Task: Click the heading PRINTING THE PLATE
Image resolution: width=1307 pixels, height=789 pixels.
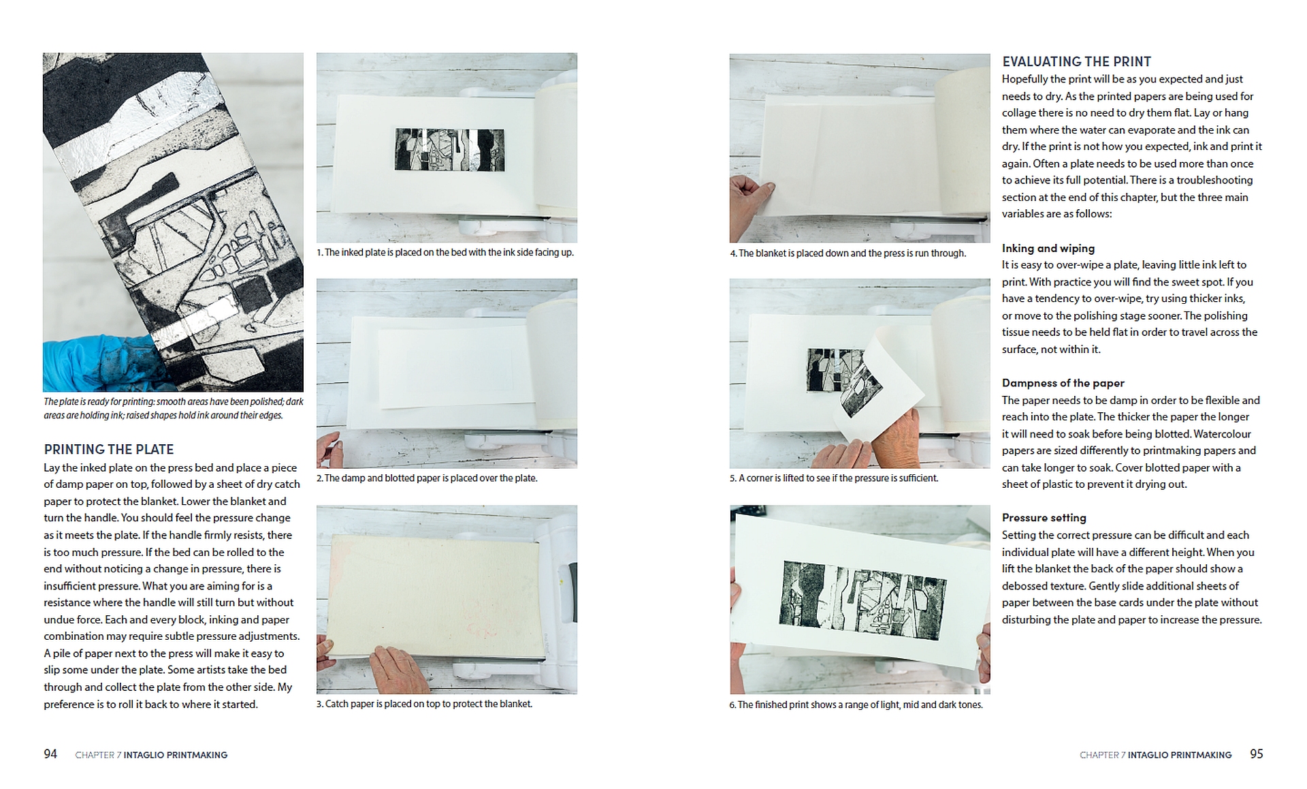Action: [x=109, y=450]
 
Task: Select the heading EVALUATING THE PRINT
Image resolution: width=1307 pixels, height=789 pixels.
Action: [x=1076, y=62]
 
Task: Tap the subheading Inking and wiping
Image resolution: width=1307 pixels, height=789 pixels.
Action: [x=1048, y=249]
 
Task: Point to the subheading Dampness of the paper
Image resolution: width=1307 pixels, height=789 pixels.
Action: [x=1063, y=383]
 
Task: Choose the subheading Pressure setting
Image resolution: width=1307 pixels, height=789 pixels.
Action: [x=1044, y=518]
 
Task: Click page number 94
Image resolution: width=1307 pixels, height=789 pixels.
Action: [x=50, y=754]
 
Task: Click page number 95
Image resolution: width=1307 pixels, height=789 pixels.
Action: [x=1256, y=754]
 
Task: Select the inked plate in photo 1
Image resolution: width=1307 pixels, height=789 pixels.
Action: [x=449, y=150]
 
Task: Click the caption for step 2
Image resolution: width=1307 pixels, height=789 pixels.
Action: [x=427, y=478]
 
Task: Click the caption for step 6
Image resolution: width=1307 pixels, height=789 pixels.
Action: [x=856, y=705]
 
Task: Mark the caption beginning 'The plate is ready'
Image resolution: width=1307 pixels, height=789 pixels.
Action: [x=174, y=408]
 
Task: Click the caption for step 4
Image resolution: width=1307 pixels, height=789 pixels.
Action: [x=848, y=253]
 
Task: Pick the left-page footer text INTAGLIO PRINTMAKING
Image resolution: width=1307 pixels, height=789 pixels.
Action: [x=176, y=755]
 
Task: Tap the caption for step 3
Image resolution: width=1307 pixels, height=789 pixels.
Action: [x=424, y=704]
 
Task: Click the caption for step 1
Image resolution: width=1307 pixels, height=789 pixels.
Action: [x=445, y=253]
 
